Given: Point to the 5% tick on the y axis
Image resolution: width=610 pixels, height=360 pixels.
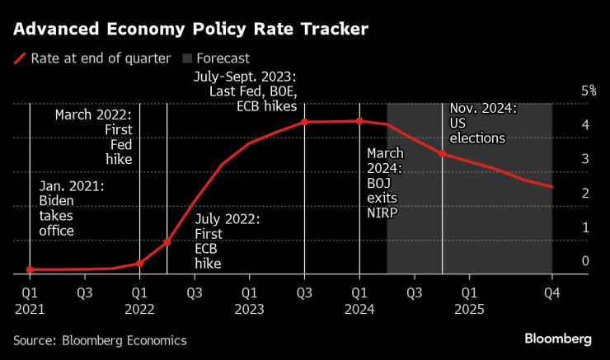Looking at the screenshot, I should point(589,90).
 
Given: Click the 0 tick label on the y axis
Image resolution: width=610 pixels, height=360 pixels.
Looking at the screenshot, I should point(585,261).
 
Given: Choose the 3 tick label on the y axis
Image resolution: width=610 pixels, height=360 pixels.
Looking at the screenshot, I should point(585,158).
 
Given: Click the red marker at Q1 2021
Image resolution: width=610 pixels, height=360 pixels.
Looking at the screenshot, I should point(30,269).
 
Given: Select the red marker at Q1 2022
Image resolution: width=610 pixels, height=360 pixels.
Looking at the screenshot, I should point(139,264).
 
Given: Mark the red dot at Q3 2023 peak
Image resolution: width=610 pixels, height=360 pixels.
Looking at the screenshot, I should point(304,122).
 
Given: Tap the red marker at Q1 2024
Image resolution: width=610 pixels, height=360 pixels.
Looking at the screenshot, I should point(359,121).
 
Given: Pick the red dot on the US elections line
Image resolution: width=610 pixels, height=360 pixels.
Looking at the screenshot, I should point(443,154).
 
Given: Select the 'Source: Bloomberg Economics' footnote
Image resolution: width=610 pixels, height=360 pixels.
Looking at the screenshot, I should point(100,340).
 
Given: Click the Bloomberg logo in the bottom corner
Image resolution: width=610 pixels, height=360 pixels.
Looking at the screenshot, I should point(558,339).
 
